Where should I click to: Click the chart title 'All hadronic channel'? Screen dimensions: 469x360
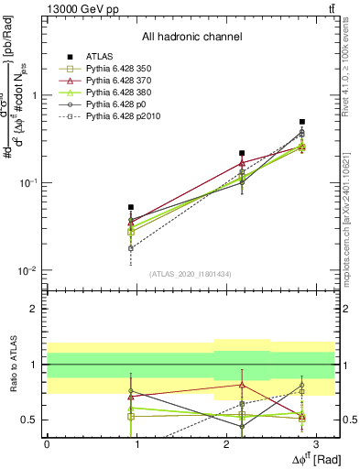pyautogui.click(x=191, y=38)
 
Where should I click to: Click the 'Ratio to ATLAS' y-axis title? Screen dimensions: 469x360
pyautogui.click(x=12, y=364)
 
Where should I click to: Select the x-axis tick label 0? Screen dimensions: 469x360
pyautogui.click(x=47, y=444)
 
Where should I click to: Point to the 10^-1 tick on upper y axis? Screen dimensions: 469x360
pyautogui.click(x=30, y=183)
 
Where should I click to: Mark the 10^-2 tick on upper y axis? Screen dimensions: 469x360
pyautogui.click(x=30, y=271)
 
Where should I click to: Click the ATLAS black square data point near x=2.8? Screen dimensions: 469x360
pyautogui.click(x=302, y=121)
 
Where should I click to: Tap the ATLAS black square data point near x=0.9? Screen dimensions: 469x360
pyautogui.click(x=131, y=208)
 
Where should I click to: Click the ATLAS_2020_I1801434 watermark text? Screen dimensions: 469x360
pyautogui.click(x=191, y=275)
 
